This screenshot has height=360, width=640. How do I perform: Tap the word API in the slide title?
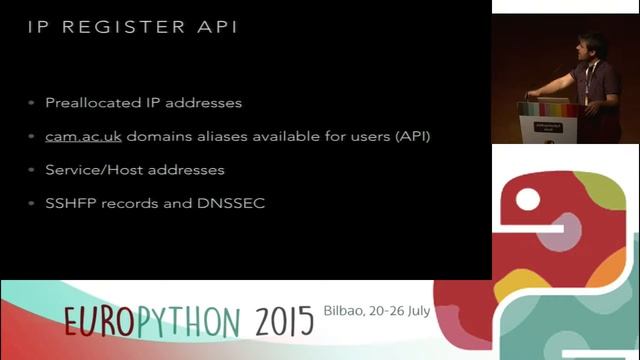[217, 27]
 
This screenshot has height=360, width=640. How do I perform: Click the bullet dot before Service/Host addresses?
[31, 170]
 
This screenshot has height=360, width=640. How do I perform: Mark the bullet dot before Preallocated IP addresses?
[31, 103]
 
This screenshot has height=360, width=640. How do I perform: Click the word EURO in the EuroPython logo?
[98, 320]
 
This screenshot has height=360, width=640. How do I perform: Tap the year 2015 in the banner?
[283, 320]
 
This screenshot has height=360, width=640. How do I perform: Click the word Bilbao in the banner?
[346, 311]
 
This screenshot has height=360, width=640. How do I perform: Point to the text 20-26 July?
[402, 311]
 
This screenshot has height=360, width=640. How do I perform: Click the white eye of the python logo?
[527, 198]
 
